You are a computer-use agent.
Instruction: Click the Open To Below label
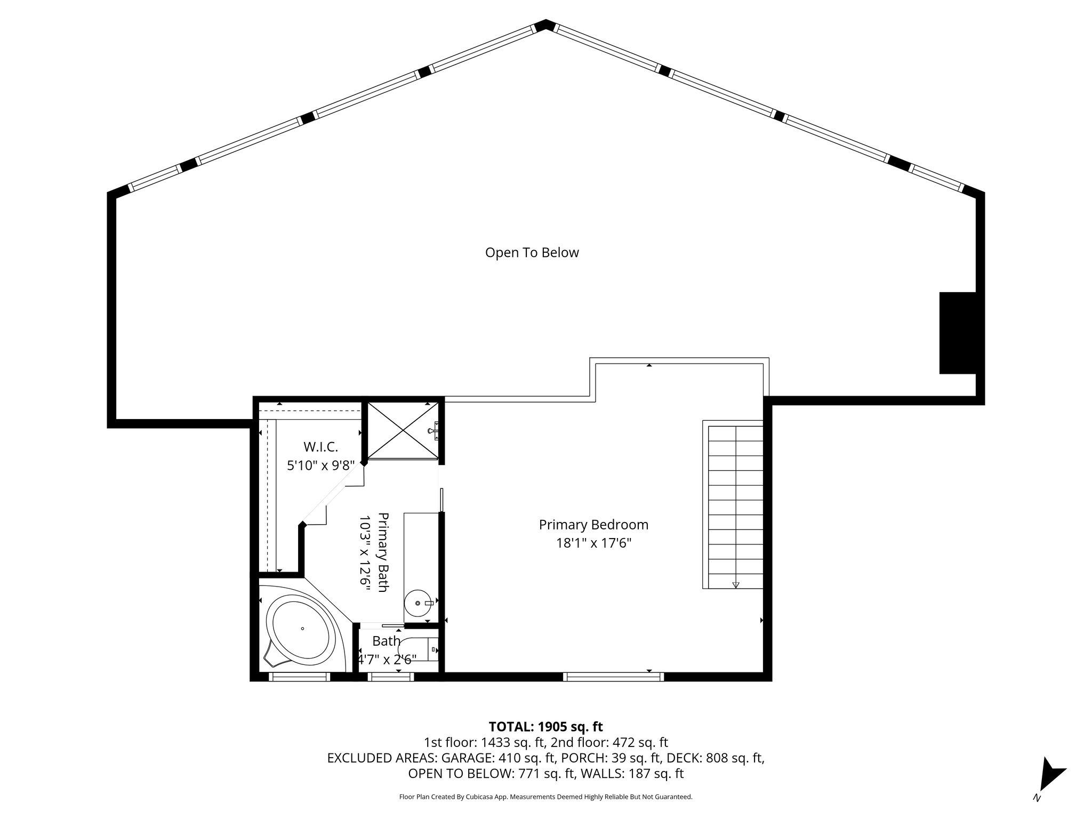click(532, 253)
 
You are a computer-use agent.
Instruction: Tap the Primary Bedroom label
click(593, 525)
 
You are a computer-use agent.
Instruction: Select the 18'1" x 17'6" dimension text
click(593, 543)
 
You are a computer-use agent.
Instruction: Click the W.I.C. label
click(320, 447)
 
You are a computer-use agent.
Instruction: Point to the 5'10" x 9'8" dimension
click(320, 465)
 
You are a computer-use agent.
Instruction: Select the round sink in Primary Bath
click(418, 603)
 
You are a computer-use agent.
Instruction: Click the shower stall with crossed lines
click(403, 430)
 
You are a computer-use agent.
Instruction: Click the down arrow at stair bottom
click(736, 584)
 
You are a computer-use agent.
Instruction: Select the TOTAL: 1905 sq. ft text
click(545, 726)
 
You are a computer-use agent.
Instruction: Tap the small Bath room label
click(386, 641)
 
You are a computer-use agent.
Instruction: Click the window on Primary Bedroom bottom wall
click(613, 677)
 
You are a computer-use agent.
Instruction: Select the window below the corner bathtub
click(299, 677)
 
